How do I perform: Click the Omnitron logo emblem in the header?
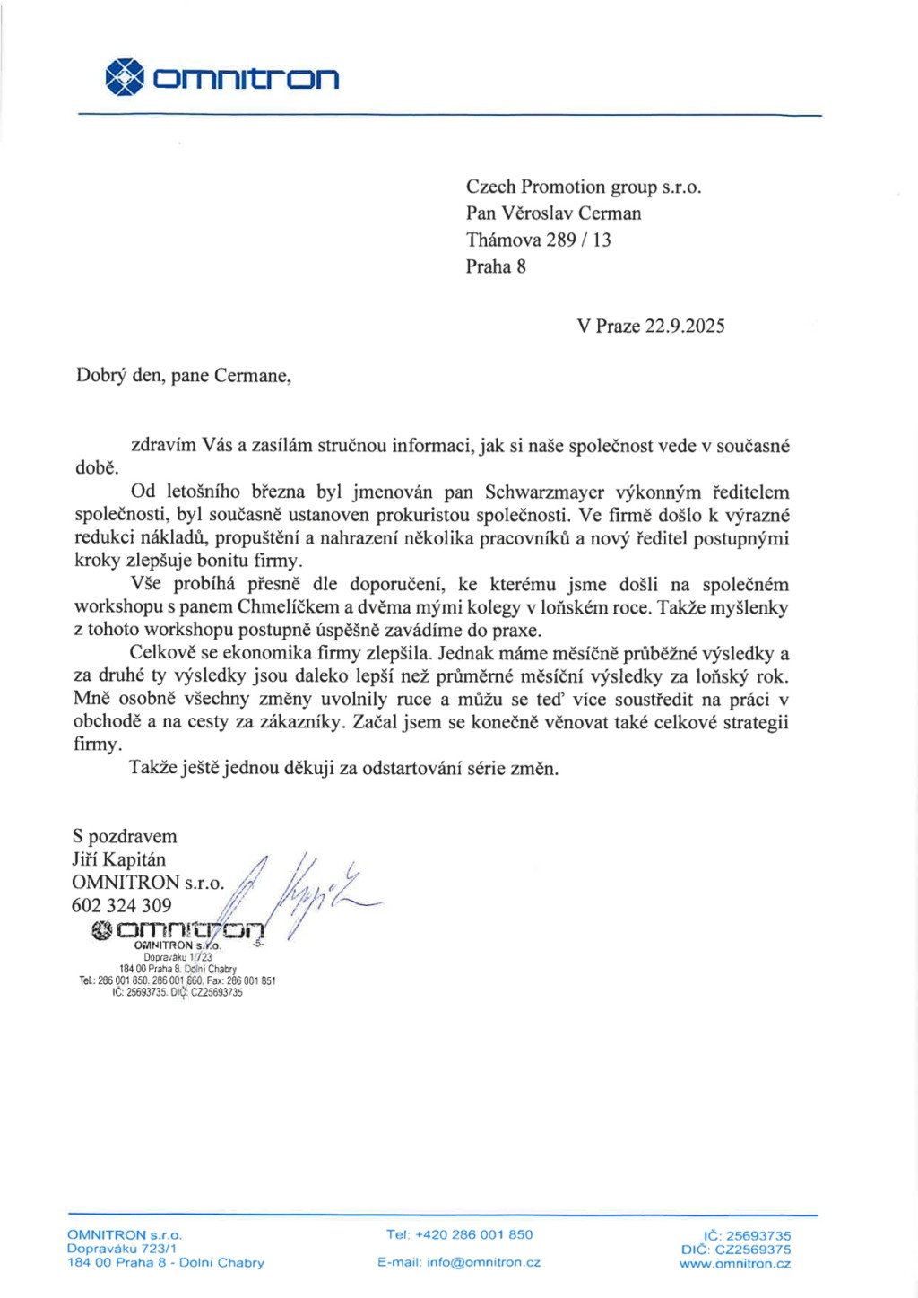coord(125,77)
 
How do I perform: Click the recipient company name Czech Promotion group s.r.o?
coord(583,187)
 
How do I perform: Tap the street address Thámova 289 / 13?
coord(538,240)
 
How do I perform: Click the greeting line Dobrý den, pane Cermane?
coord(183,376)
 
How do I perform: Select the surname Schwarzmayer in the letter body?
coord(544,492)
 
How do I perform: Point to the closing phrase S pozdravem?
coord(125,836)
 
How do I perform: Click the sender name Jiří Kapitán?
coord(118,859)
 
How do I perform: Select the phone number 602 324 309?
coord(121,905)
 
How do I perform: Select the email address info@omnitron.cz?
coord(483,1262)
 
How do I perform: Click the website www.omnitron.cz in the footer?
coord(735,1264)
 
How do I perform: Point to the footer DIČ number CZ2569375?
coord(753,1249)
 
